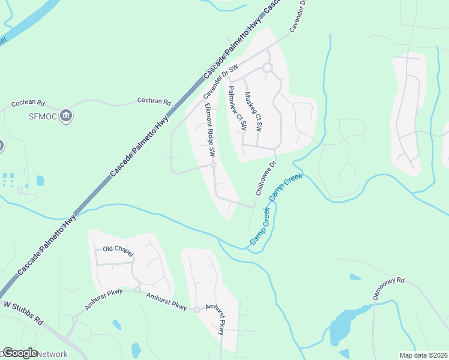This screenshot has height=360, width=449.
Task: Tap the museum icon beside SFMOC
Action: [x=66, y=115]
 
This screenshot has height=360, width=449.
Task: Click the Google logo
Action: [x=20, y=353]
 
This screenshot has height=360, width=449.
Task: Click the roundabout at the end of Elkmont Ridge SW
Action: [x=213, y=165]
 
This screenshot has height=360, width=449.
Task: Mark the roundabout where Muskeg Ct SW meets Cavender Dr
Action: [x=267, y=68]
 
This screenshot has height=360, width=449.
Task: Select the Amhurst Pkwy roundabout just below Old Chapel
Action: [x=137, y=290]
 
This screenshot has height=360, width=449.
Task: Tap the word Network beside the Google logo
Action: [x=53, y=354]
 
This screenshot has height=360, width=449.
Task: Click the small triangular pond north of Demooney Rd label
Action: [x=355, y=277]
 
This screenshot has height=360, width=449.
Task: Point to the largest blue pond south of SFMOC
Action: [x=40, y=180]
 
